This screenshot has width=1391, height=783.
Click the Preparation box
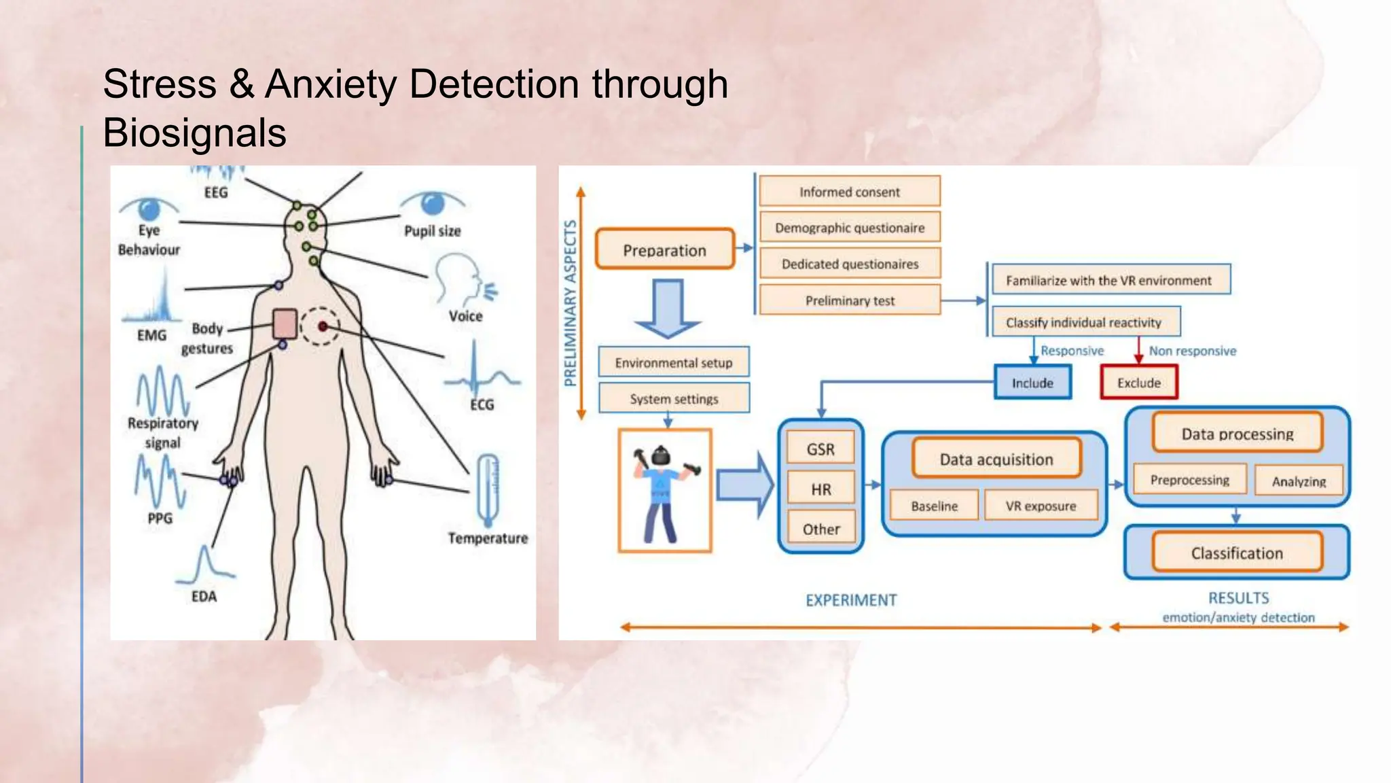tap(664, 249)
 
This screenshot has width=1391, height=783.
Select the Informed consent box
tap(849, 192)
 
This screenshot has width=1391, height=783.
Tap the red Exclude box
tap(1138, 382)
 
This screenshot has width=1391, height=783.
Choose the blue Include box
tap(1032, 382)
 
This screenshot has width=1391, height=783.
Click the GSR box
tap(820, 449)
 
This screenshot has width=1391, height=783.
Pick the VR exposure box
tap(1041, 506)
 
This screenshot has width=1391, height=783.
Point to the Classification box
tap(1237, 553)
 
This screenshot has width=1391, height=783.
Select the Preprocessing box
tap(1189, 480)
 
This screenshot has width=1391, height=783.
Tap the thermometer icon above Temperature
tap(488, 489)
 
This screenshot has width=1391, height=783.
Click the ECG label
tap(482, 404)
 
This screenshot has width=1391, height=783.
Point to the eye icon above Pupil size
tap(433, 203)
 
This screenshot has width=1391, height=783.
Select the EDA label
tap(204, 596)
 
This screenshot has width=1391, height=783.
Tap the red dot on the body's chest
tap(323, 327)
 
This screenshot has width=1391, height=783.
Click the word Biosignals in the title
tap(195, 133)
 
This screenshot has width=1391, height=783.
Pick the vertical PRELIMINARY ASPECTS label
tap(571, 302)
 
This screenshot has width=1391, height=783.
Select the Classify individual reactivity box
tap(1083, 322)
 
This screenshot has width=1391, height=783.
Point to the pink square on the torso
tap(285, 324)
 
